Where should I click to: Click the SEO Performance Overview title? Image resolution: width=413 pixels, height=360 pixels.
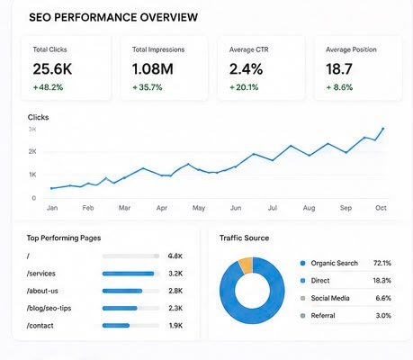pos(113,17)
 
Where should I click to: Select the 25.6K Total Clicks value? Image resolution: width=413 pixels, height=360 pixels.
pos(52,69)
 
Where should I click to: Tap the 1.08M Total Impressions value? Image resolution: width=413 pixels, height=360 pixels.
pos(153,69)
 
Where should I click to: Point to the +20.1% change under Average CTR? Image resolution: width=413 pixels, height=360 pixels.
pos(244,87)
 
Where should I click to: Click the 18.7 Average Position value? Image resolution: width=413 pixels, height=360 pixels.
pos(339,69)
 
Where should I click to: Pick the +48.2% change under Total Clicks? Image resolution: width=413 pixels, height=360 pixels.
pos(48,87)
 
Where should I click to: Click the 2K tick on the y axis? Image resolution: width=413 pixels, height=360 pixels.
pos(32,151)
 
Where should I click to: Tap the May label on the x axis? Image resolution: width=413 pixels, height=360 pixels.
pos(199,208)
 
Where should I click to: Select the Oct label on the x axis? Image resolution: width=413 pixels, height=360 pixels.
pos(381,208)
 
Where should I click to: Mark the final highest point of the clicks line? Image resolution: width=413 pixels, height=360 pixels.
pos(382,129)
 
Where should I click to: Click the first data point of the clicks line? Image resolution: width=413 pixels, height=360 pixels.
pos(51,188)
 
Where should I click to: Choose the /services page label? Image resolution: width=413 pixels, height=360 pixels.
pos(41,274)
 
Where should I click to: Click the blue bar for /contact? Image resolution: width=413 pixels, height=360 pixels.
pos(116,326)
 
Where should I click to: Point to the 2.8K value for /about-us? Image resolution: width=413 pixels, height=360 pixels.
pos(175,291)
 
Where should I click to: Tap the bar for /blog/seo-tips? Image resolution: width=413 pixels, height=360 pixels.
pos(120,308)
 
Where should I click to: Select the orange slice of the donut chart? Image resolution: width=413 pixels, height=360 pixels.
pos(247,265)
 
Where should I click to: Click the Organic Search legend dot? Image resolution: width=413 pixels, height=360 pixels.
pos(302,263)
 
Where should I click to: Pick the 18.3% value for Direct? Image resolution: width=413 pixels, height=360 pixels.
pos(382,281)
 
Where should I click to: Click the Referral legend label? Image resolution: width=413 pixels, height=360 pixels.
pos(323,315)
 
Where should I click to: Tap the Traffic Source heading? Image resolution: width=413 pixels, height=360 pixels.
pos(244,238)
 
